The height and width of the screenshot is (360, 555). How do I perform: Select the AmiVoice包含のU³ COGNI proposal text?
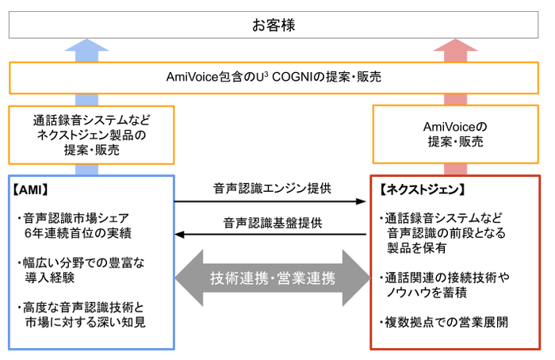click(x=274, y=78)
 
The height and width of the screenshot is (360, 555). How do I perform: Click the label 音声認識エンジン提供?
click(x=272, y=189)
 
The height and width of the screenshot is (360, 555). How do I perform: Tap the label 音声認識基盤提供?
click(x=272, y=222)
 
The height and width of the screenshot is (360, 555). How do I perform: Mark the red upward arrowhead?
click(x=461, y=48)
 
